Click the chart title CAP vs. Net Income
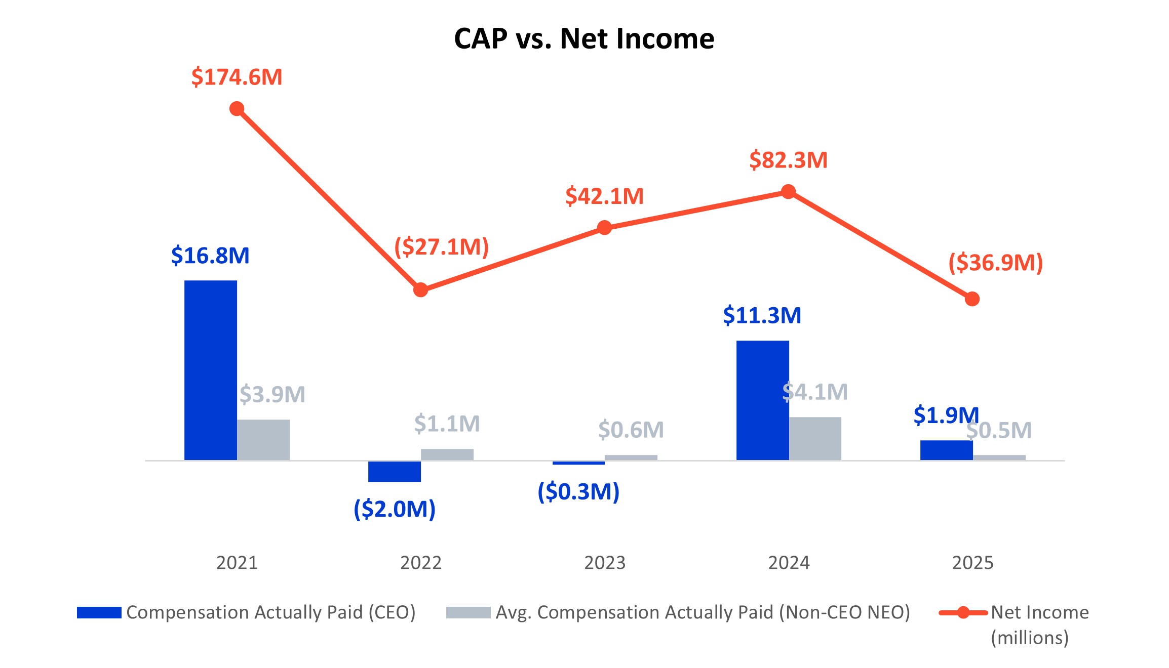point(584,38)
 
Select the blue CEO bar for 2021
point(210,370)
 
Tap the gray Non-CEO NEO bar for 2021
point(263,439)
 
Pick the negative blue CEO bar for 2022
point(394,471)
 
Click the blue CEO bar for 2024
point(762,400)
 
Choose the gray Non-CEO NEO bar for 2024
point(815,438)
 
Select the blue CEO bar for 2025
point(946,450)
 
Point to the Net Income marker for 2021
point(237,109)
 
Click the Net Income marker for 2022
point(420,290)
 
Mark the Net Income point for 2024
point(788,192)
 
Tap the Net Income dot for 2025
point(972,299)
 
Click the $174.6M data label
point(237,77)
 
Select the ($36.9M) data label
point(995,263)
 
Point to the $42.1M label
point(604,196)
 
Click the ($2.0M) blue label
point(394,509)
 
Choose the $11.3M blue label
point(762,315)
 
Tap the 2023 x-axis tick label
point(605,563)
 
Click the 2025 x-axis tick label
point(972,563)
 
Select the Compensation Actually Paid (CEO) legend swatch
point(99,612)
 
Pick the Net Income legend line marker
point(963,612)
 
